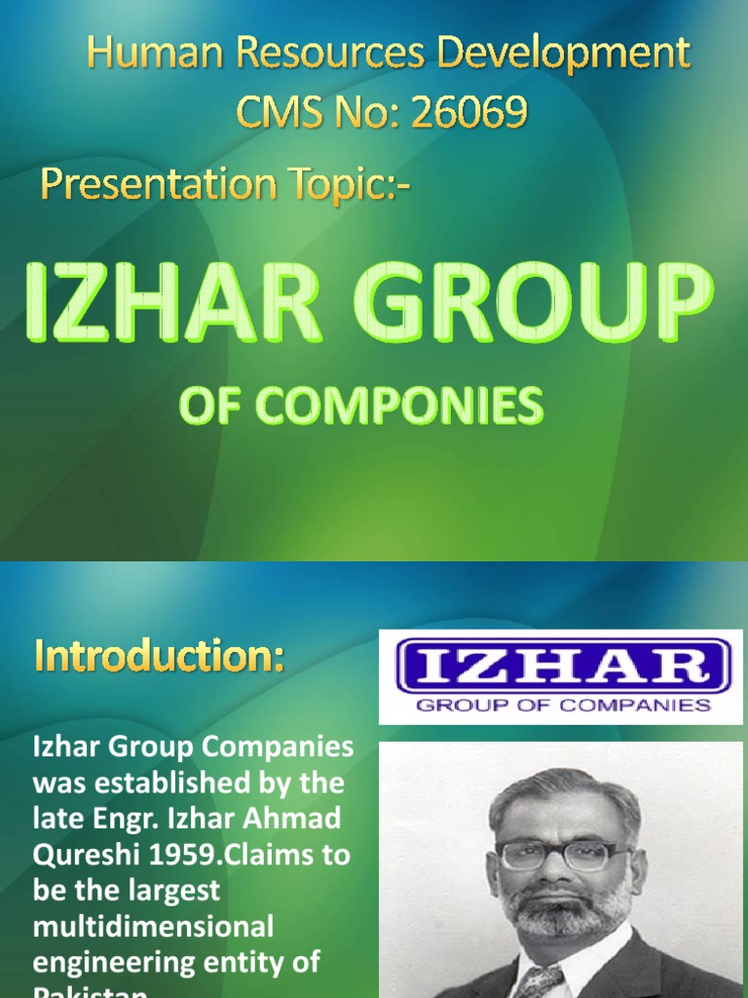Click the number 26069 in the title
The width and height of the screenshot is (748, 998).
coord(469,114)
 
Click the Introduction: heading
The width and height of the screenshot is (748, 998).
coord(160,658)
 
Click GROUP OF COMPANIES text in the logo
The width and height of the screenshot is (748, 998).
coord(563,704)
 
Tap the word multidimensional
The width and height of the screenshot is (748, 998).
coord(153,925)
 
